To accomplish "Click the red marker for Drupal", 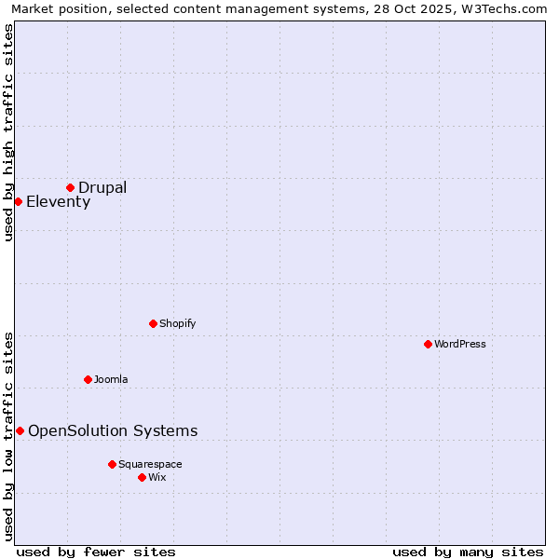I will point(70,187).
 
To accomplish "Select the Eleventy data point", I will point(18,201).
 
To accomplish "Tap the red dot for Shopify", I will point(153,323).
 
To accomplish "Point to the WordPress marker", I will point(428,344).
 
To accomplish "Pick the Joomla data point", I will point(88,379).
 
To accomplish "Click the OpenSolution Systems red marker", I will point(20,430).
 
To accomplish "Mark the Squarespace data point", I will point(112,464).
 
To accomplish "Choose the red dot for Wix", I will point(142,477).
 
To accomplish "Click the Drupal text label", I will point(102,187).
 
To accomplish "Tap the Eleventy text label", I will point(58,202).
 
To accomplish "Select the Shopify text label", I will point(177,323).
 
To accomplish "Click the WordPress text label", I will point(460,344).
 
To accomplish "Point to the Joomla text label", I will point(111,379).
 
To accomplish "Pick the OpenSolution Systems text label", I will point(113,430).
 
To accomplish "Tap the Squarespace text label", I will point(150,464).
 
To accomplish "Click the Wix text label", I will point(157,477).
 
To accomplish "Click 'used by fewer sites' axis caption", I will point(96,552).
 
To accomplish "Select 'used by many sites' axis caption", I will point(468,552).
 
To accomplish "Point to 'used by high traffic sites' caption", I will point(9,132).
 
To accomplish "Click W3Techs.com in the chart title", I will point(500,8).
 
